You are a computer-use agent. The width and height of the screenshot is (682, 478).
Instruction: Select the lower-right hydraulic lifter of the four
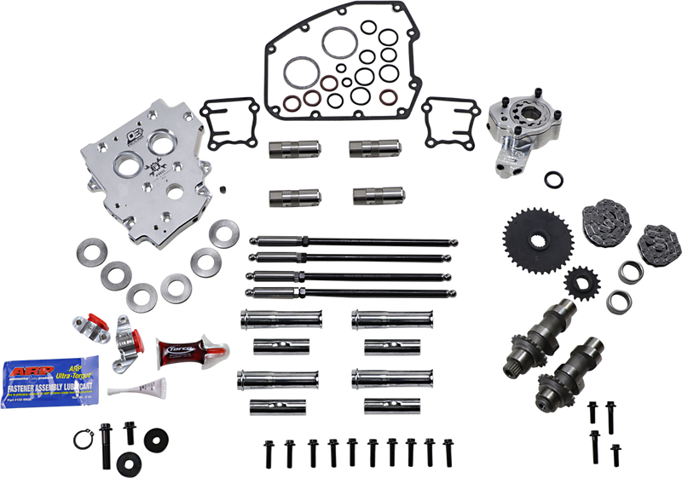pos(370,196)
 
